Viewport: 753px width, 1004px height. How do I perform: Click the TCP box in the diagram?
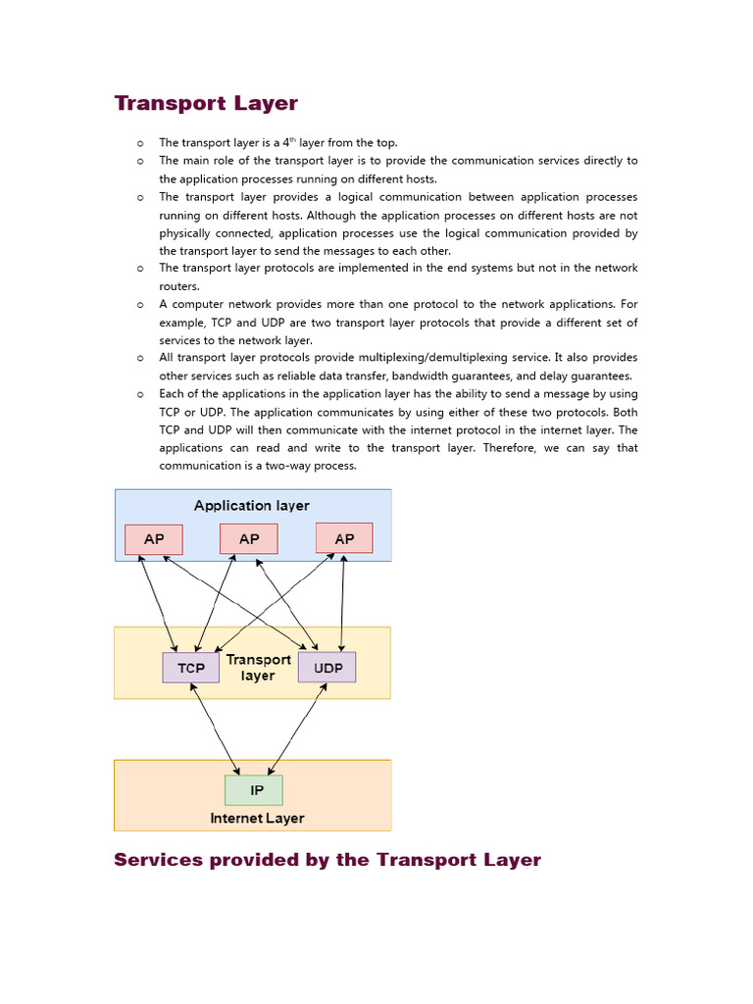tap(191, 668)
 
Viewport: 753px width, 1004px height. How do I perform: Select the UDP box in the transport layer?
tap(327, 668)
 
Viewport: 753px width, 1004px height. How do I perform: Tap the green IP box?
tap(254, 790)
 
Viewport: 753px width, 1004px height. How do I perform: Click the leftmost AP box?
tap(154, 539)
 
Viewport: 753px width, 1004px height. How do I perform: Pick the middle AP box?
tap(249, 539)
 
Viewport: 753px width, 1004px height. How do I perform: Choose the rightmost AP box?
tap(344, 539)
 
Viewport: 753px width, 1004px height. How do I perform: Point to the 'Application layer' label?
tap(251, 506)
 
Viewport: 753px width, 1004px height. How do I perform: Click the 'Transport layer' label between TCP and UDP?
tap(259, 668)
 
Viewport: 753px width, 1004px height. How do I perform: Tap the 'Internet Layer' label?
tap(257, 819)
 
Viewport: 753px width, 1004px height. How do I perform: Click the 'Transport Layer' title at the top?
tap(206, 103)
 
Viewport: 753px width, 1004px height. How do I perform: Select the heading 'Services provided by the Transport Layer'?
tap(327, 860)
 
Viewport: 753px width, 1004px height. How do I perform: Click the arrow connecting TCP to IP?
tap(215, 729)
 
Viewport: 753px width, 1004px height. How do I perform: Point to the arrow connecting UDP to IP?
tap(296, 729)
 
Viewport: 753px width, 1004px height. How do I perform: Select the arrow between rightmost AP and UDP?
tap(342, 603)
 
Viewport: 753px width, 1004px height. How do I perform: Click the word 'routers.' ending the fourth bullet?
tap(179, 286)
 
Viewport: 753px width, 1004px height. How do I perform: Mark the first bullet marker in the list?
tap(141, 143)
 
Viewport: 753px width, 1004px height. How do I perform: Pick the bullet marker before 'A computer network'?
tap(141, 305)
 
